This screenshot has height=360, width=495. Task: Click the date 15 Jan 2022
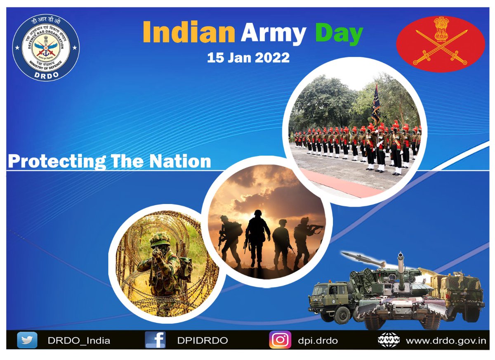point(248,57)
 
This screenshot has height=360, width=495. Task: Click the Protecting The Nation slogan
point(109,161)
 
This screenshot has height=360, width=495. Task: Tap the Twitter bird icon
point(27,340)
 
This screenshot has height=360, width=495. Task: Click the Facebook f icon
point(156,340)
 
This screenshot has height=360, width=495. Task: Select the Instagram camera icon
point(280,340)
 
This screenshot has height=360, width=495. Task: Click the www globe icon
point(389,340)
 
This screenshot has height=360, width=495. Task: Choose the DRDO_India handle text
point(79,341)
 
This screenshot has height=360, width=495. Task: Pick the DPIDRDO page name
point(202,341)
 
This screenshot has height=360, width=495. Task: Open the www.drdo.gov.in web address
point(446,341)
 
